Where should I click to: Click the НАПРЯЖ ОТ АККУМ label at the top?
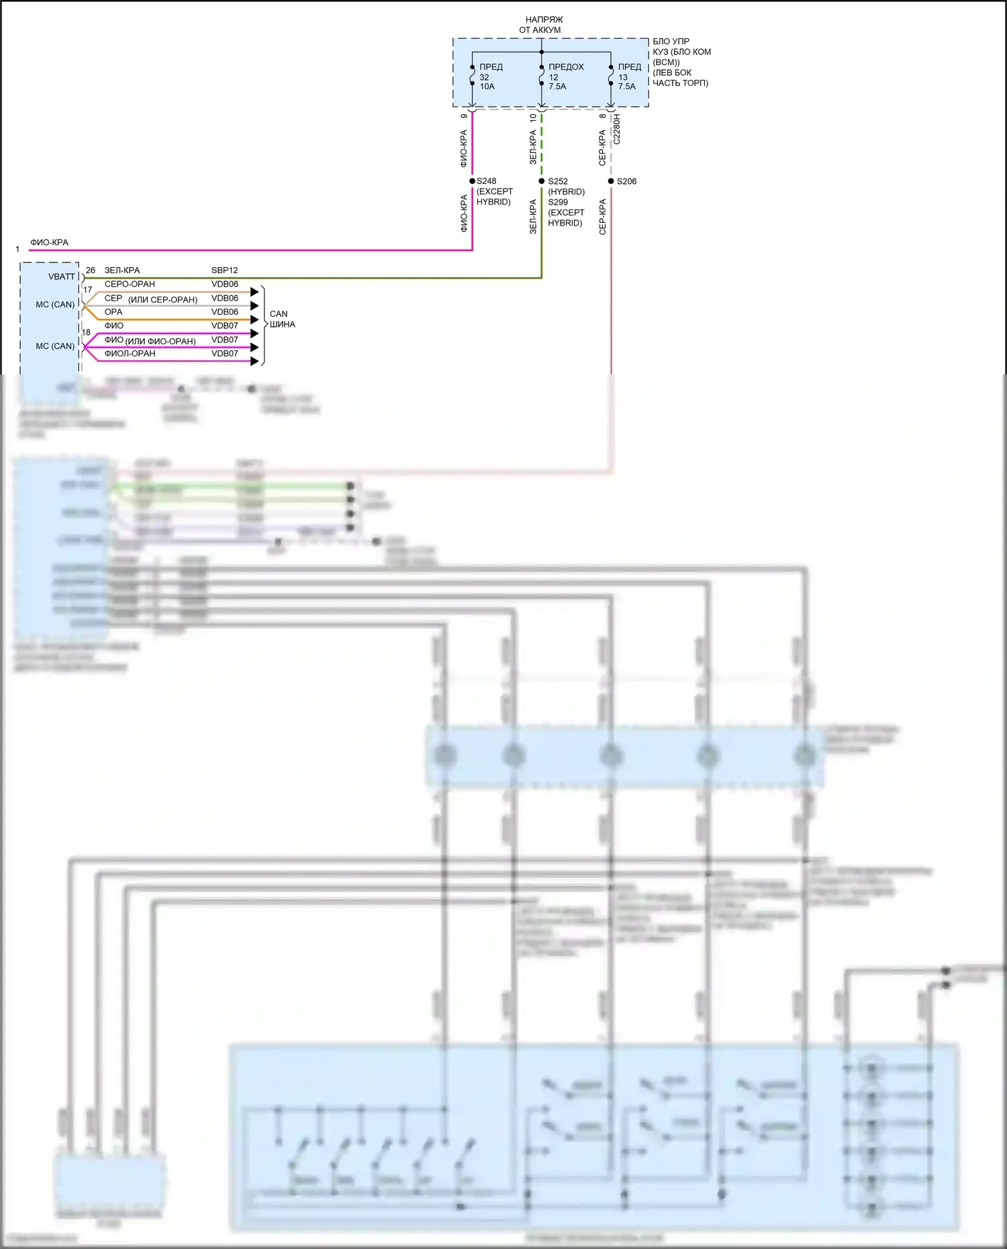point(541,25)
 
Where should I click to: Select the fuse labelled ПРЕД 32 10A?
point(473,76)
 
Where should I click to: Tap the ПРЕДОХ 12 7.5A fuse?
point(542,76)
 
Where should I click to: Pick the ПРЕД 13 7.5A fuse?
point(611,76)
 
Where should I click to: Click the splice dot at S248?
point(473,181)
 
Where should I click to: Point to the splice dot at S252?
point(542,181)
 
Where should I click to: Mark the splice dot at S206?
point(611,181)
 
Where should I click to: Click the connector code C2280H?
point(617,129)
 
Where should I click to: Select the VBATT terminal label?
point(62,277)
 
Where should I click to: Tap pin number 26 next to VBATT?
point(91,270)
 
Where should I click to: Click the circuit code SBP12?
point(224,270)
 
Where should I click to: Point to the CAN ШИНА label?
point(281,319)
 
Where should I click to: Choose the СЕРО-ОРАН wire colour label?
point(130,284)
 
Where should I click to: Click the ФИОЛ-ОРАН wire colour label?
point(130,354)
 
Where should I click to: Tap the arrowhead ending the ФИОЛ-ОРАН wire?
point(254,361)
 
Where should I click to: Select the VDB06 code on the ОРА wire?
point(224,312)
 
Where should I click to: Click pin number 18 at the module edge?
point(86,332)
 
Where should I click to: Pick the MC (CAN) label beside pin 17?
point(55,305)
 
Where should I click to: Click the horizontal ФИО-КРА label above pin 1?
point(49,242)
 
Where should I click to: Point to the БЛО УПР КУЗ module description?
point(681,62)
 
